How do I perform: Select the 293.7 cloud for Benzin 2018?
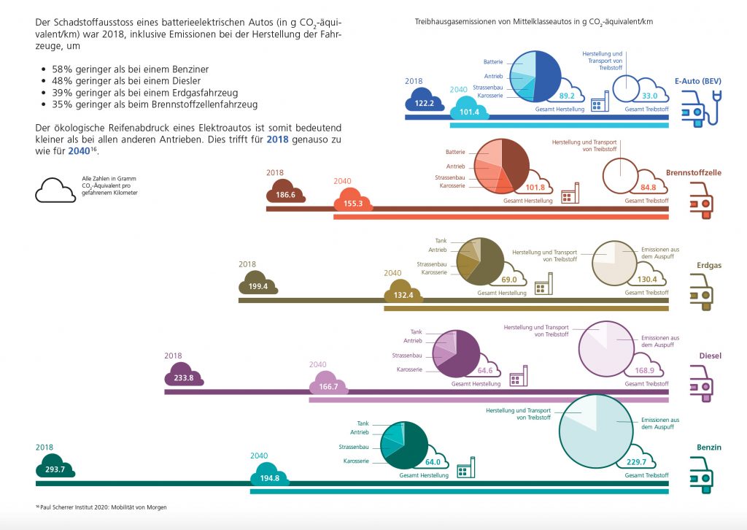pos(55,468)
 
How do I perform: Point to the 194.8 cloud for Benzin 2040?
pos(270,477)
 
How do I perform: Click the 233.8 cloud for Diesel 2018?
pos(183,377)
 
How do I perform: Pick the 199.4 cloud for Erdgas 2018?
pos(258,285)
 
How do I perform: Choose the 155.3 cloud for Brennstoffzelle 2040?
pos(352,202)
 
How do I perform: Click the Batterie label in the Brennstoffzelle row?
pos(455,152)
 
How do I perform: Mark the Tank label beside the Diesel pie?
pos(416,331)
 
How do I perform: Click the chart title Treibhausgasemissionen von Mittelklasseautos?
pos(533,22)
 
